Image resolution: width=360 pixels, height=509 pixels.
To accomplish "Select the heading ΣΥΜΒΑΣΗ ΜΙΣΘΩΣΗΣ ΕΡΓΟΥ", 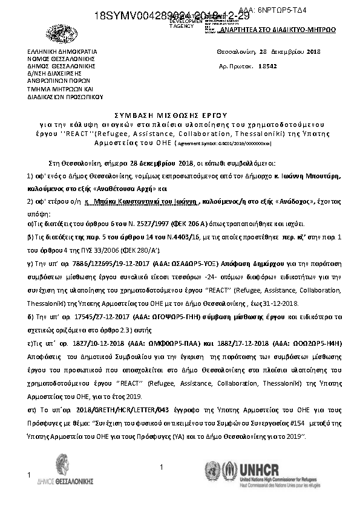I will (x=179, y=114).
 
